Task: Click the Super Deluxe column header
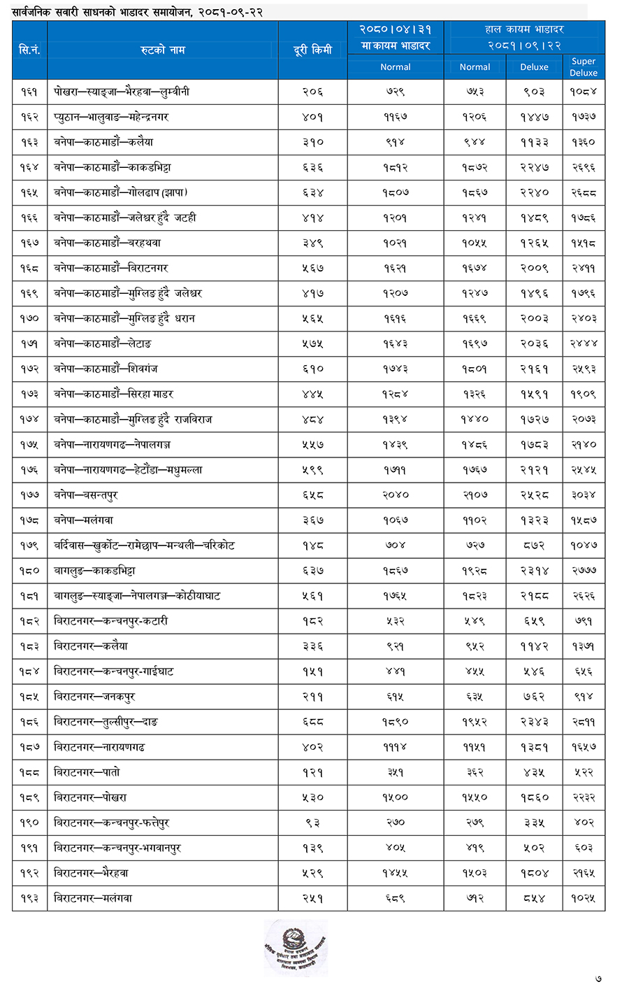tap(584, 67)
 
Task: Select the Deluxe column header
tap(534, 67)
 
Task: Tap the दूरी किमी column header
tap(312, 50)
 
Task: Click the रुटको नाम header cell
tap(162, 50)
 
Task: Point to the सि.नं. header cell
tap(29, 50)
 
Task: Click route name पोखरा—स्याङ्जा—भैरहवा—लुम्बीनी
tap(122, 92)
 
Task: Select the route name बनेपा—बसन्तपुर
tap(86, 495)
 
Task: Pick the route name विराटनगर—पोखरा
tap(90, 797)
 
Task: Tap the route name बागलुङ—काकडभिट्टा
tap(94, 571)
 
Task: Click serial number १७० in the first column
tap(29, 318)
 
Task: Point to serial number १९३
tap(29, 898)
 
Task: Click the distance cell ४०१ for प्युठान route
tap(312, 117)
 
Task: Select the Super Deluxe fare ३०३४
tap(583, 495)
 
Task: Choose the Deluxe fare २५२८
tap(534, 495)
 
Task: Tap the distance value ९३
tap(312, 823)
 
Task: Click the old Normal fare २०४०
tap(395, 495)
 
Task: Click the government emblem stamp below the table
tap(296, 948)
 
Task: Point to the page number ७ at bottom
tap(598, 979)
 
